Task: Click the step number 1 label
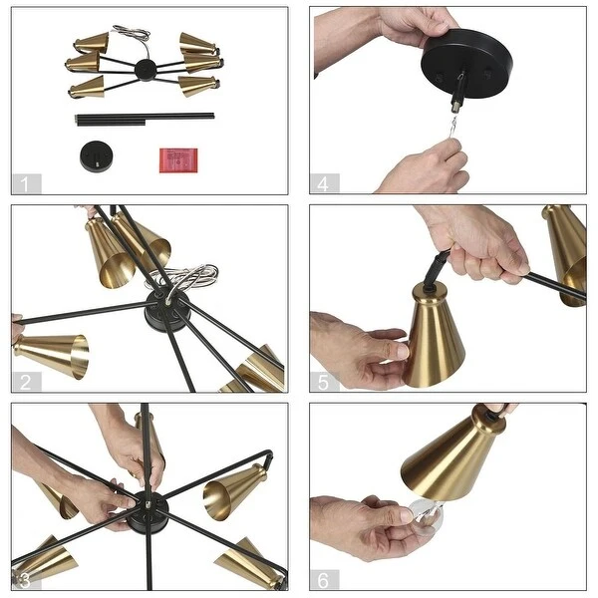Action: [x=25, y=183]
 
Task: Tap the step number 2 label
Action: [x=26, y=382]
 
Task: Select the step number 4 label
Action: [x=323, y=183]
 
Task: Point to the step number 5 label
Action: [x=323, y=382]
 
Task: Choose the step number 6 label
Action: [x=323, y=580]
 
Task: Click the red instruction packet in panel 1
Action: [x=178, y=160]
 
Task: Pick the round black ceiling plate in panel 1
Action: [x=97, y=157]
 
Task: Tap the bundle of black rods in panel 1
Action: [x=145, y=119]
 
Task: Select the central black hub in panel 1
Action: [x=146, y=70]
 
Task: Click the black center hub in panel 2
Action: [x=167, y=310]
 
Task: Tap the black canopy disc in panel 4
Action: [x=466, y=64]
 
